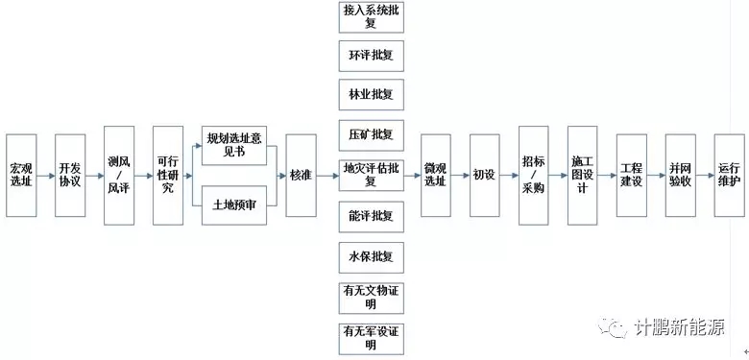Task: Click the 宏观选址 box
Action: [21, 176]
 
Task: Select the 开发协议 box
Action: [70, 176]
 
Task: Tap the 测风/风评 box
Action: [119, 176]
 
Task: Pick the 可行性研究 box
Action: [168, 176]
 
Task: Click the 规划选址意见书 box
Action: [234, 146]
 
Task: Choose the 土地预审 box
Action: [234, 205]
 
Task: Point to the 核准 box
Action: [301, 176]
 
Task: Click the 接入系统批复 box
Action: [372, 17]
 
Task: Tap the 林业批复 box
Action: [372, 94]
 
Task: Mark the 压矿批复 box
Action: [372, 135]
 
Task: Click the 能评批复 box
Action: [372, 216]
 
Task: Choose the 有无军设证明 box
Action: [372, 339]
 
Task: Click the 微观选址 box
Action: [436, 176]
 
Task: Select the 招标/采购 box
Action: [534, 176]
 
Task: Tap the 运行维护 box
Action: [730, 176]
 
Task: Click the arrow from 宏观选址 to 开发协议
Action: [46, 176]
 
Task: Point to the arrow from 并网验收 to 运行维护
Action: [705, 176]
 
